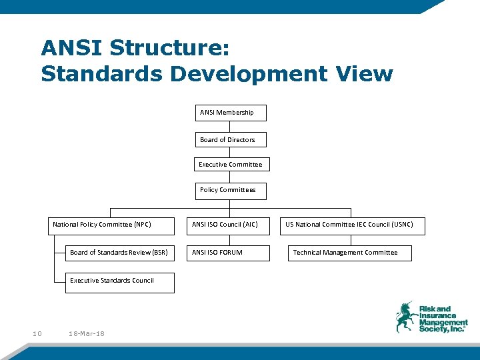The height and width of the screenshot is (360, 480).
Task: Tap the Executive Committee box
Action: pyautogui.click(x=230, y=165)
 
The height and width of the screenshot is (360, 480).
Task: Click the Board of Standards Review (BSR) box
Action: pyautogui.click(x=119, y=253)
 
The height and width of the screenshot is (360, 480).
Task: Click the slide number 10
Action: pyautogui.click(x=37, y=333)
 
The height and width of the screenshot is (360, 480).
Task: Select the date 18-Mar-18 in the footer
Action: pyautogui.click(x=87, y=333)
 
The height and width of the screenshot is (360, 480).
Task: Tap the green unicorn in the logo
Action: pyautogui.click(x=405, y=317)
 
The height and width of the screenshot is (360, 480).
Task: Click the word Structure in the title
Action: pyautogui.click(x=169, y=48)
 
